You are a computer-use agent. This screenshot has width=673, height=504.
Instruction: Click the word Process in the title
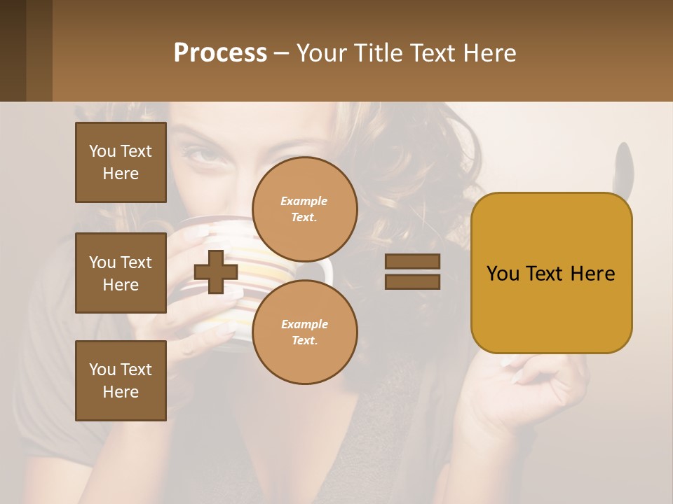[x=220, y=53]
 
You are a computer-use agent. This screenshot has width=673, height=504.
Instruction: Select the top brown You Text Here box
[x=121, y=162]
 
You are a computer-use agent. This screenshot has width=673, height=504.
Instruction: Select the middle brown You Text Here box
[x=121, y=273]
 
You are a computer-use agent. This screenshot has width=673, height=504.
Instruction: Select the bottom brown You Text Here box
[x=121, y=381]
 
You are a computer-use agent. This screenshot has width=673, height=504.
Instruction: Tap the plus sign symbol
[x=216, y=272]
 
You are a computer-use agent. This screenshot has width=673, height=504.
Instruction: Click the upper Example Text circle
[x=305, y=209]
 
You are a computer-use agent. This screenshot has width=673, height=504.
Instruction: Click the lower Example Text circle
[x=305, y=332]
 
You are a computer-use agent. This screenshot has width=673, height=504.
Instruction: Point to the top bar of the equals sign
[x=412, y=261]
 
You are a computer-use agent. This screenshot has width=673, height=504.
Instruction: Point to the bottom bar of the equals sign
[x=412, y=282]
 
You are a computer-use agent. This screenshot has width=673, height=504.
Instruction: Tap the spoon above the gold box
[x=621, y=165]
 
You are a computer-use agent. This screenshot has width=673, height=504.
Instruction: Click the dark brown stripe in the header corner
[x=13, y=50]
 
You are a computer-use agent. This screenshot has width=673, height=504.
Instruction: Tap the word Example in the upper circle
[x=304, y=201]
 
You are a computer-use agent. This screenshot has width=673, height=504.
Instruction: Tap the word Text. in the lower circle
[x=305, y=341]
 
